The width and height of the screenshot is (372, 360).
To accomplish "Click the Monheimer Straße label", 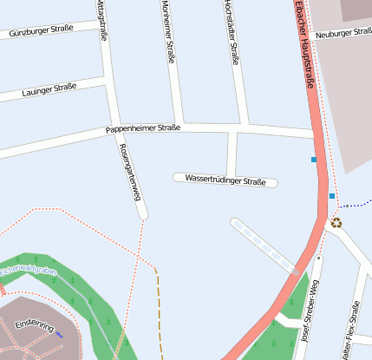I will click(168, 36).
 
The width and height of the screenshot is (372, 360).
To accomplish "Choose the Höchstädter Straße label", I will click(231, 34).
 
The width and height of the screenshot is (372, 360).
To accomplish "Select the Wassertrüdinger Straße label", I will click(225, 181).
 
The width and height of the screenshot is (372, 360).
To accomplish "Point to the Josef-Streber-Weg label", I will click(310, 304).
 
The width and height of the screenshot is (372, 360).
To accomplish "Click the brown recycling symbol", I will click(336, 223).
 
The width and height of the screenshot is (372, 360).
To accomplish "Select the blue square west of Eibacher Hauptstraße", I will click(314, 160).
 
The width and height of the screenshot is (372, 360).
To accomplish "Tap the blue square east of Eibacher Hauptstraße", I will click(331, 196).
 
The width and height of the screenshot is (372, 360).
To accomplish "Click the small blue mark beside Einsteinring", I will click(59, 334).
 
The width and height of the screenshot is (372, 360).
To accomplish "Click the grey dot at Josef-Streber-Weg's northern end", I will click(318, 258).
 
